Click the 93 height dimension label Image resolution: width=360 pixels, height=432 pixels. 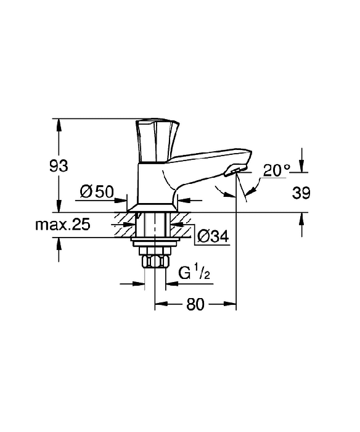(x=59, y=166)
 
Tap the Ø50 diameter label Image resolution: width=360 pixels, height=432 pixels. (x=97, y=192)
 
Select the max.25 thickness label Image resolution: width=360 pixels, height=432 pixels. (x=63, y=225)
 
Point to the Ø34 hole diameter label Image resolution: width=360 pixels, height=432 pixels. (x=213, y=236)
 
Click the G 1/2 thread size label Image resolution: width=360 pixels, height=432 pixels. (x=194, y=273)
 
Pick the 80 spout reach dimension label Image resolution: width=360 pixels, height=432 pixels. (x=195, y=304)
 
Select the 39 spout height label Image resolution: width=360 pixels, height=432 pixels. (x=301, y=193)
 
